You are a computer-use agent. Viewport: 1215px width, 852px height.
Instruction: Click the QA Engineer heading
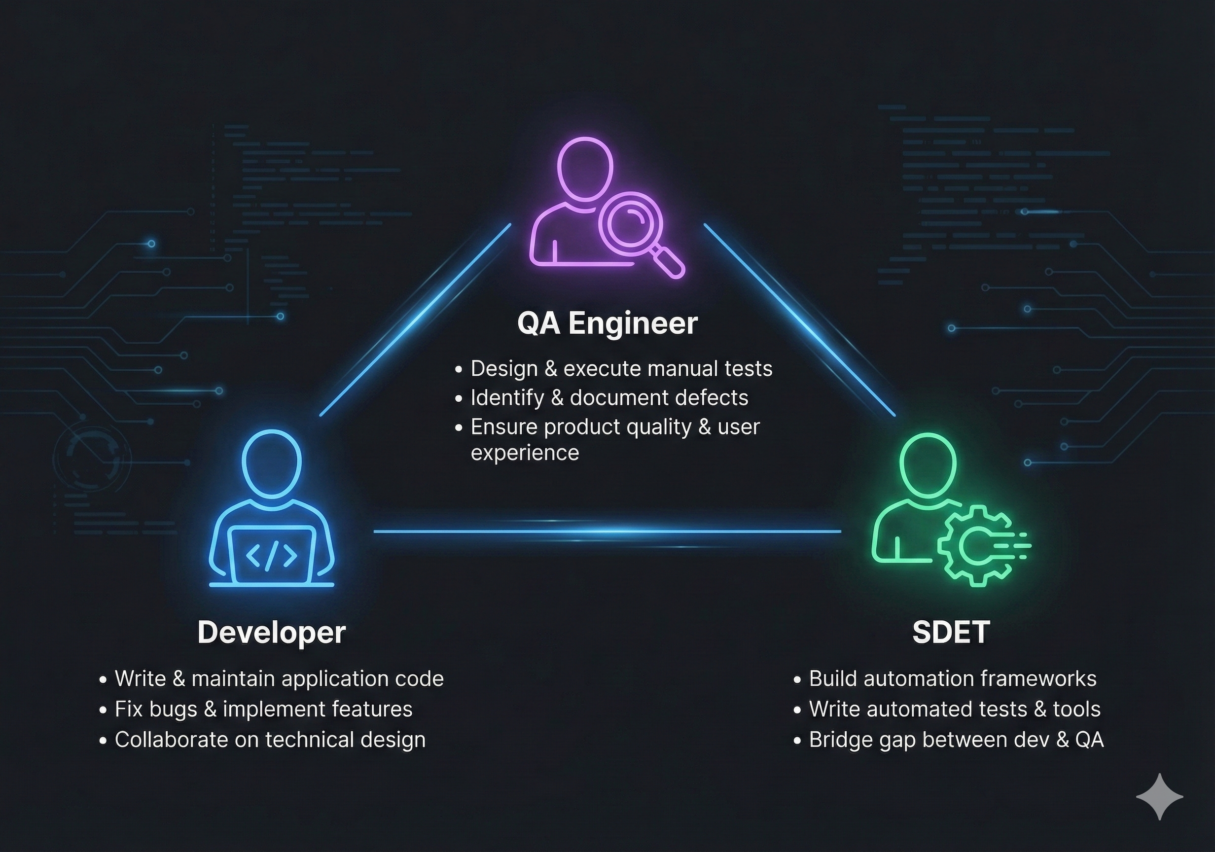coord(607,323)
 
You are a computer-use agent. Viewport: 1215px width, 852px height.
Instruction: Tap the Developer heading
coord(272,632)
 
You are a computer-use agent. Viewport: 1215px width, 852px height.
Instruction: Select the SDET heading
coord(950,632)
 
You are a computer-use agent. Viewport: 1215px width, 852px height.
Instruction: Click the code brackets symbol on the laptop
coord(272,555)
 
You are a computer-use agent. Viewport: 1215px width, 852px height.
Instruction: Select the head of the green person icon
coord(928,465)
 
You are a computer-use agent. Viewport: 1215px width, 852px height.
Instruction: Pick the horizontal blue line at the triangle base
coord(607,531)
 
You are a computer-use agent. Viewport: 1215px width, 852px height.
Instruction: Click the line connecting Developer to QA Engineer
coord(415,319)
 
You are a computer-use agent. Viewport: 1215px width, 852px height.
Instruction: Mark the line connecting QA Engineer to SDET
coord(799,319)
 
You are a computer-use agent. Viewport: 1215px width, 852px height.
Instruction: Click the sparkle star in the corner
coord(1159,797)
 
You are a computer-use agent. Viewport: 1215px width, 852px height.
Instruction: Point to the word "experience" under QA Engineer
coord(525,453)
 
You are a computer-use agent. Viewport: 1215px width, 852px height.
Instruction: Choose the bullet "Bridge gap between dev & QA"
coord(956,740)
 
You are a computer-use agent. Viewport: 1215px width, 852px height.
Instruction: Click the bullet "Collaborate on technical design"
coord(270,740)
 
